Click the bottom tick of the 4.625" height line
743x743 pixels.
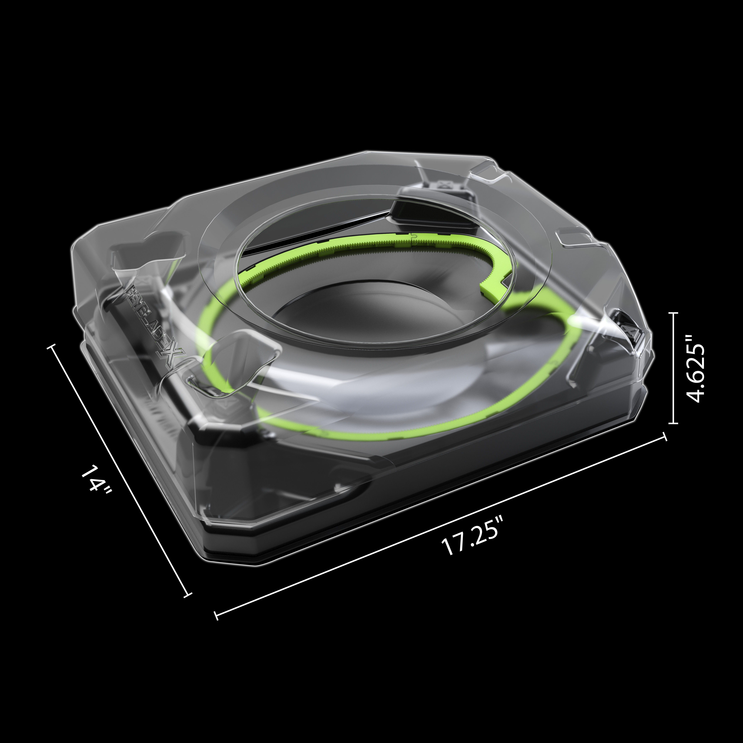tap(673, 423)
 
